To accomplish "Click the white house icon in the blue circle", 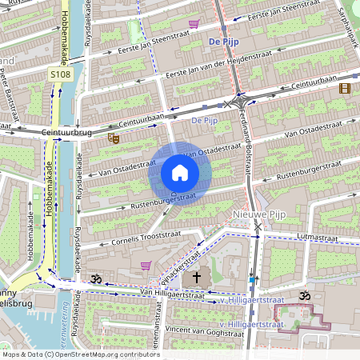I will [180, 173].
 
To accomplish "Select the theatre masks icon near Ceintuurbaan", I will [114, 138].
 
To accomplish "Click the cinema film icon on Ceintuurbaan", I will [345, 88].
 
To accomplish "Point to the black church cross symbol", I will [197, 277].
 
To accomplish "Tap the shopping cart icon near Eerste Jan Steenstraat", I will [194, 24].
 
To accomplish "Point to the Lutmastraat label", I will [312, 238].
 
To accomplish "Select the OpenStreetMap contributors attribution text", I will [80, 354].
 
